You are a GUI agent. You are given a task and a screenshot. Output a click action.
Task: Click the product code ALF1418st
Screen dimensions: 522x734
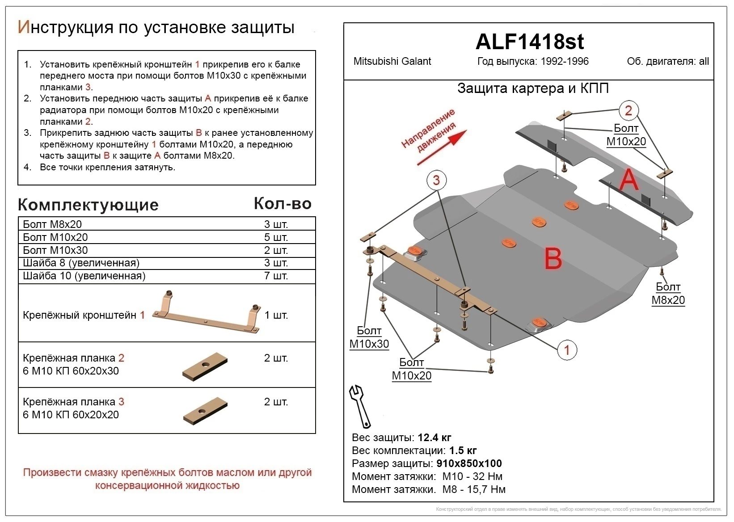tap(529, 42)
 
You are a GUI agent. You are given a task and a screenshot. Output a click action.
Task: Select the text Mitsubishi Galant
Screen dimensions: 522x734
tap(392, 62)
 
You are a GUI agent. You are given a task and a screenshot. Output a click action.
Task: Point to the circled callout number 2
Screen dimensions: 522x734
tap(628, 110)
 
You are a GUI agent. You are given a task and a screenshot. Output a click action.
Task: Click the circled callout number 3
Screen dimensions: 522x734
tap(436, 180)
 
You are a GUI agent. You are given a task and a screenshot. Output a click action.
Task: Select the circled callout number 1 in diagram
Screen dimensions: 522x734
tap(567, 349)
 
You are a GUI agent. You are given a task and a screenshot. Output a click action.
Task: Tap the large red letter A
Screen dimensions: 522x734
tap(629, 180)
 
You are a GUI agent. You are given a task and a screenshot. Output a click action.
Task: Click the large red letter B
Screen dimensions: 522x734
tap(553, 258)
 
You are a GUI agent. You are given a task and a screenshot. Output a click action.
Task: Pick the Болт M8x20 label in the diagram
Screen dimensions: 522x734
tap(668, 294)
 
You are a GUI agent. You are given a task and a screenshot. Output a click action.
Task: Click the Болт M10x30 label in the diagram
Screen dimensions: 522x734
tap(369, 337)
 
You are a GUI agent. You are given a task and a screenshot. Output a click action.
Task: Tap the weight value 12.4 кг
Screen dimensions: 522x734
tap(434, 438)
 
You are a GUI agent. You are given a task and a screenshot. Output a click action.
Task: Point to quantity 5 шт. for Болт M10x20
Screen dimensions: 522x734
tap(276, 237)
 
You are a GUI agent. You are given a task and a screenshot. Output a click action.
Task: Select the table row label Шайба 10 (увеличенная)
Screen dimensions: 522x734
tap(84, 276)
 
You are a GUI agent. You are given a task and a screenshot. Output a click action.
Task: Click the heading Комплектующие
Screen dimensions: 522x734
tap(88, 205)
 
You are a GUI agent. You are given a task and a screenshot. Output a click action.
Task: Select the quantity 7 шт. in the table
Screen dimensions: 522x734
tap(276, 276)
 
